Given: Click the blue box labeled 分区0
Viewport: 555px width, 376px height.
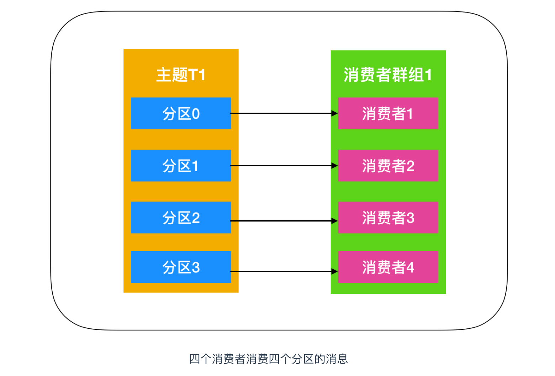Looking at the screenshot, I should [181, 113].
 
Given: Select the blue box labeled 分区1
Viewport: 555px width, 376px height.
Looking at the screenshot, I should [181, 166].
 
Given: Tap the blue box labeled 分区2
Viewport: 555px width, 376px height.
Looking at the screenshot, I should [181, 217].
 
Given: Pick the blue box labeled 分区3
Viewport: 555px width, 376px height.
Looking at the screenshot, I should [181, 267].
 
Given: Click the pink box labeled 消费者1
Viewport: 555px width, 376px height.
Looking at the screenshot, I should [388, 113].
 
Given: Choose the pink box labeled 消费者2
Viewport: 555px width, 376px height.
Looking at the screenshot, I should [388, 166].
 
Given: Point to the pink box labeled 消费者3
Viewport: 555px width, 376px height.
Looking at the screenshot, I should [388, 217].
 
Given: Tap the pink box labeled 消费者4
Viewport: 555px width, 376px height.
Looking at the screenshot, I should [388, 267].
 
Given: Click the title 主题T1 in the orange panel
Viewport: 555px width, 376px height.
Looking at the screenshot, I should [181, 75].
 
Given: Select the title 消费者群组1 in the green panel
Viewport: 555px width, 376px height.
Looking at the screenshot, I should [388, 75].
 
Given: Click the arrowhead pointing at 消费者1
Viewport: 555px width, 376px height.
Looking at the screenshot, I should [334, 113].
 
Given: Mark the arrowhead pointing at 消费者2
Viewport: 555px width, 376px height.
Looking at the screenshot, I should [334, 166].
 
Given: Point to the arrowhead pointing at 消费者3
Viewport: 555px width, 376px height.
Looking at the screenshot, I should [334, 221].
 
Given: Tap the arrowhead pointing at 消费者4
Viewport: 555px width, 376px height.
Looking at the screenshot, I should [334, 272].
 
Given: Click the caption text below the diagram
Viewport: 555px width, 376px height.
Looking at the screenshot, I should [268, 359].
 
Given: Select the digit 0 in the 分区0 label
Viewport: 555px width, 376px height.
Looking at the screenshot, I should [196, 114].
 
